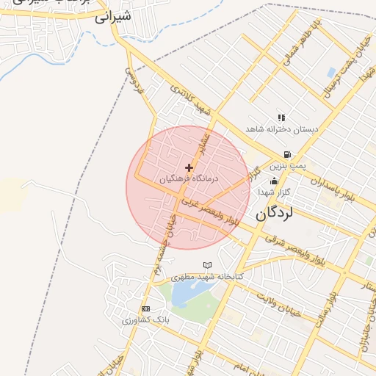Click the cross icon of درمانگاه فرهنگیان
pos(189,168)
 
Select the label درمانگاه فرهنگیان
pos(189,178)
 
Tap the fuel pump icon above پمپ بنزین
pos(286,155)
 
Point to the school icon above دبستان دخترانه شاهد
pos(281,117)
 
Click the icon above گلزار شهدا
pos(275,181)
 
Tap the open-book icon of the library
pos(207,265)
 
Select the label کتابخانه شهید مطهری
pos(207,277)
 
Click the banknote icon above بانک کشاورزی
pos(145,309)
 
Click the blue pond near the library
pos(187,292)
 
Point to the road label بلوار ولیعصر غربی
pos(211,209)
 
